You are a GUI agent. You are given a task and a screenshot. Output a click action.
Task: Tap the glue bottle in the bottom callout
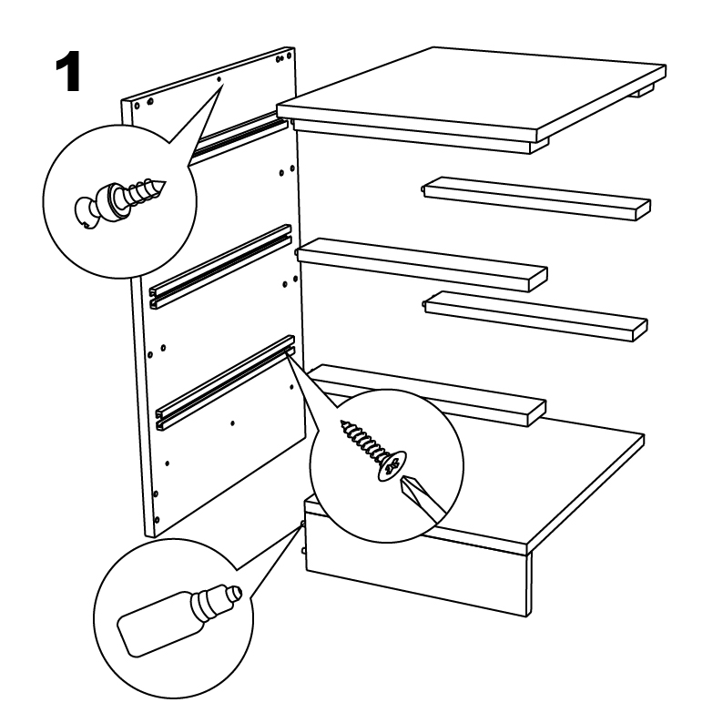point(179,619)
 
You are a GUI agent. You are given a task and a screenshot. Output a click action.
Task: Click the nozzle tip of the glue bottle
point(236,591)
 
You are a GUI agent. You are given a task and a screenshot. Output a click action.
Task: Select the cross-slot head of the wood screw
point(392,465)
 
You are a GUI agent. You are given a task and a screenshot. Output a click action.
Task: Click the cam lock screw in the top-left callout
point(120,202)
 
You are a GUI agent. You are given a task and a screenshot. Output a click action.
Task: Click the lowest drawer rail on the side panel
point(226,382)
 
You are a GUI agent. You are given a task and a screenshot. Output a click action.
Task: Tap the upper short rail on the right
point(536,198)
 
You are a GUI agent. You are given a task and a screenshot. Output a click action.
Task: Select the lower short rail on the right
point(535,316)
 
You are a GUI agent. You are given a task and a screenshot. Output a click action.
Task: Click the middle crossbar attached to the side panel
point(422,264)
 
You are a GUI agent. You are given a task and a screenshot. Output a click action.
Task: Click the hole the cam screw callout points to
point(219,79)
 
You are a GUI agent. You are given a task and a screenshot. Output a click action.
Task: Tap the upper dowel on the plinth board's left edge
point(302,524)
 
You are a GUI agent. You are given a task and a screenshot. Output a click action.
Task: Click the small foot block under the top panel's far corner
point(646,90)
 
